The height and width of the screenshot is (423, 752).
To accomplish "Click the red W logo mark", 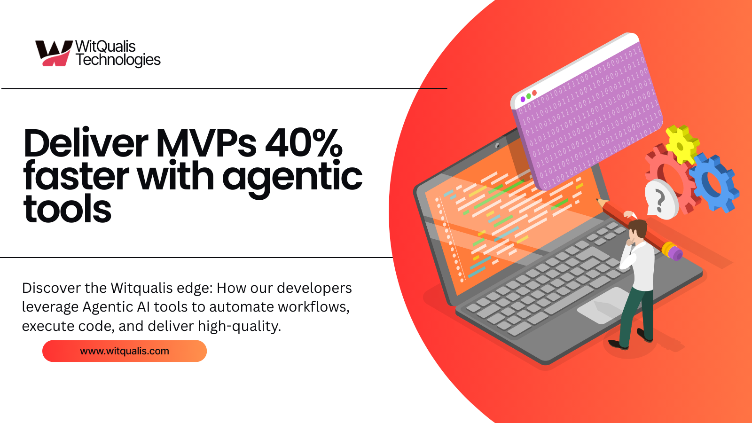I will click(x=53, y=53).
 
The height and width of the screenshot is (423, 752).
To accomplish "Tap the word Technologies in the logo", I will click(x=118, y=60).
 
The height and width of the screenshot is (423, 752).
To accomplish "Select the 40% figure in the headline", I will click(x=304, y=143).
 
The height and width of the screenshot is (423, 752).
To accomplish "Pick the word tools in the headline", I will click(x=67, y=209).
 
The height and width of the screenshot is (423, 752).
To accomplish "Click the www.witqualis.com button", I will click(x=125, y=351).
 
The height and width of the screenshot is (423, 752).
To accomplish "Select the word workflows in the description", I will click(x=313, y=307).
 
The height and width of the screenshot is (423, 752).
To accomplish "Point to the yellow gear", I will click(x=681, y=144).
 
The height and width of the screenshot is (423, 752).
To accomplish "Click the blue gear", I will click(x=714, y=181).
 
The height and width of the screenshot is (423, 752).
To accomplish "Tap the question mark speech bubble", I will click(x=661, y=200).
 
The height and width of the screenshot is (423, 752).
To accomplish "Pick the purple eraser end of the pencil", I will click(x=675, y=254).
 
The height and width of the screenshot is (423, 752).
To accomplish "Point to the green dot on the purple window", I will click(x=528, y=96).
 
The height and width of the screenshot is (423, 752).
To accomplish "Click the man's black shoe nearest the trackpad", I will click(x=618, y=345).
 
